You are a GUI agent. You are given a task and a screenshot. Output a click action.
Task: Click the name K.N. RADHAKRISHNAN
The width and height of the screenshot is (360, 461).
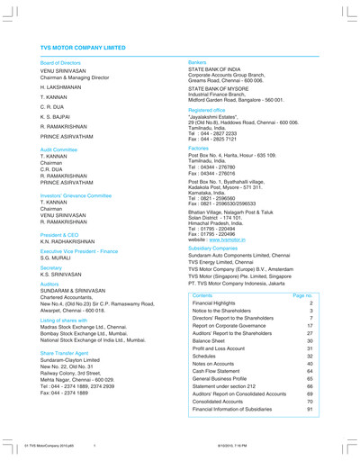coord(70,243)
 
